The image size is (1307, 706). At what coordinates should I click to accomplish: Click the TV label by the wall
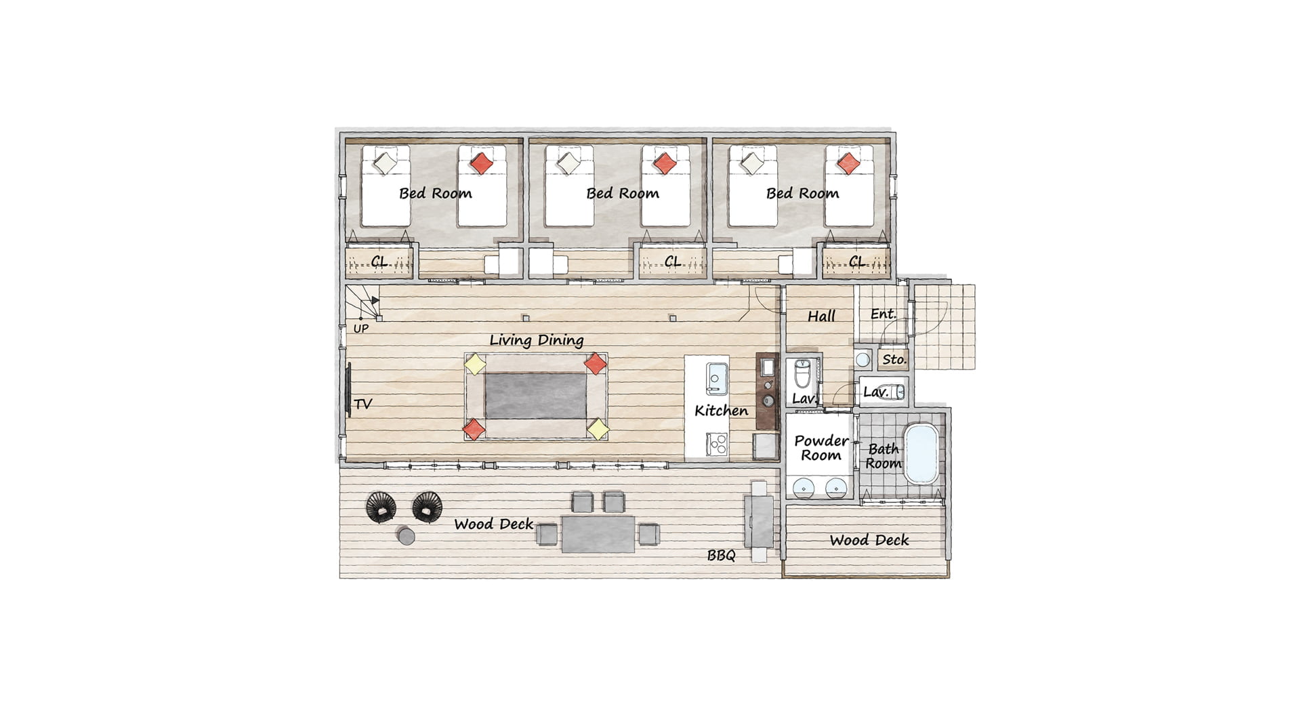(x=363, y=404)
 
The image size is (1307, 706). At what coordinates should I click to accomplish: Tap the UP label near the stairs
(x=361, y=329)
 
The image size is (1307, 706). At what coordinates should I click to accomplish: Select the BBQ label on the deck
(x=721, y=556)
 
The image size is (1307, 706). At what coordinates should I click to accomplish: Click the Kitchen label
(x=721, y=411)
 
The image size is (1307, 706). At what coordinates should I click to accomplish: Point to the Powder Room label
(x=821, y=448)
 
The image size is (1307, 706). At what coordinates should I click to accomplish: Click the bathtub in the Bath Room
(x=922, y=453)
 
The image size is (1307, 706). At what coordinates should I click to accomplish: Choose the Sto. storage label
(x=894, y=360)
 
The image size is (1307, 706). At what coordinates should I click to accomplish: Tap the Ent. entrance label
(x=884, y=314)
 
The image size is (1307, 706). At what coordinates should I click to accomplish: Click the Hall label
(x=821, y=316)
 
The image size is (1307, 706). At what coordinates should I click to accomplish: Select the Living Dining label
(x=537, y=340)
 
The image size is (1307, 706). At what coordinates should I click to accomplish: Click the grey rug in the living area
(x=535, y=396)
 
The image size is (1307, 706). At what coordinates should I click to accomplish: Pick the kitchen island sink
(x=716, y=379)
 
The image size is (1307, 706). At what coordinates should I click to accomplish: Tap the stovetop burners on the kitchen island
(x=717, y=444)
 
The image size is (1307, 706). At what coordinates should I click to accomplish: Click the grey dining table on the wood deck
(x=598, y=534)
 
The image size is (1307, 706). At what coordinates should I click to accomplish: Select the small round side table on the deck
(x=406, y=536)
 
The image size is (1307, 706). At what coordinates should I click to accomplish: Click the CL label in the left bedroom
(x=379, y=262)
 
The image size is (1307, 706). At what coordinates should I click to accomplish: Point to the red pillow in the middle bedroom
(x=664, y=163)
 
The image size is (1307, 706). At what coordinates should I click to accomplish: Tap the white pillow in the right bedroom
(x=751, y=163)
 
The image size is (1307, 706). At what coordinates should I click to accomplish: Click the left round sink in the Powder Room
(x=804, y=487)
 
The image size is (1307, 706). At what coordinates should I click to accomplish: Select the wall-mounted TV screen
(x=349, y=390)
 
